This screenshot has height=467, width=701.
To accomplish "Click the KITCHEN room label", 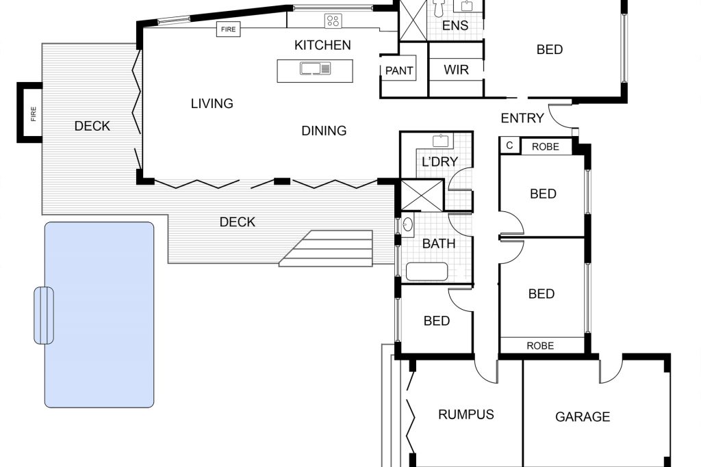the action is (322, 45).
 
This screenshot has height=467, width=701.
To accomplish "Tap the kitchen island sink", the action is (315, 68).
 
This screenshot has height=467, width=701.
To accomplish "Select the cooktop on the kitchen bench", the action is (333, 21).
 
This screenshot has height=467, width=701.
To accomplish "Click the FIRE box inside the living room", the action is (229, 29).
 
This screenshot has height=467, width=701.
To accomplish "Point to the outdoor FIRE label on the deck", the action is (33, 114).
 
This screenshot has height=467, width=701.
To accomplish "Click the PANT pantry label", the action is (399, 70).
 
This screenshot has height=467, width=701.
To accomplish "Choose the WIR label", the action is (456, 70).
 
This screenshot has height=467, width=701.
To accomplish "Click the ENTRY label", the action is (522, 118).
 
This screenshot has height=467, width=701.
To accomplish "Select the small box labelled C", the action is (509, 146).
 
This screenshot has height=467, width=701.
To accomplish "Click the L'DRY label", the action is (440, 161).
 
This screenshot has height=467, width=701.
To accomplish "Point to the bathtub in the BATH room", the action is (426, 271).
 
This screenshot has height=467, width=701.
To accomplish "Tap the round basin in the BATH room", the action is (408, 224).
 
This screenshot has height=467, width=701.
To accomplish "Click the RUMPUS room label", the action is (466, 414).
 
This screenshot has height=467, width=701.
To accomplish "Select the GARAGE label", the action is (583, 417).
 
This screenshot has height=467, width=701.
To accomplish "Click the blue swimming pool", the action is (99, 315).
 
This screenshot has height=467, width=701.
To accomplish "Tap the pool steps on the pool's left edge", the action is (44, 315).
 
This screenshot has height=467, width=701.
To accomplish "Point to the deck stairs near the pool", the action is (327, 249).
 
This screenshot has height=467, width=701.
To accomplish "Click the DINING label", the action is (324, 131).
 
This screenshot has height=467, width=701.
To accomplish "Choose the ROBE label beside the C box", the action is (546, 147).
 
